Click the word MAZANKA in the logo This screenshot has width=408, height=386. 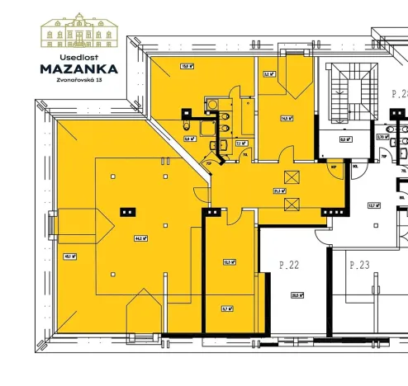point(79,69)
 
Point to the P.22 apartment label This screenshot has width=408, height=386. point(288,265)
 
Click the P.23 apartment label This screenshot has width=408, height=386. point(359,265)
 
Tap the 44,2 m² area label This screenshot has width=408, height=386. point(140,238)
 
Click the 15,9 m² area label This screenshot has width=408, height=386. point(187,68)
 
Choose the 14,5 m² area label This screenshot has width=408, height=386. point(285,118)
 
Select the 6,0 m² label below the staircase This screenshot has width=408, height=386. point(344,139)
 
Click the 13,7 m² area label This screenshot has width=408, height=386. point(372,205)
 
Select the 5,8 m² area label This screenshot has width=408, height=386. point(188,139)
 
